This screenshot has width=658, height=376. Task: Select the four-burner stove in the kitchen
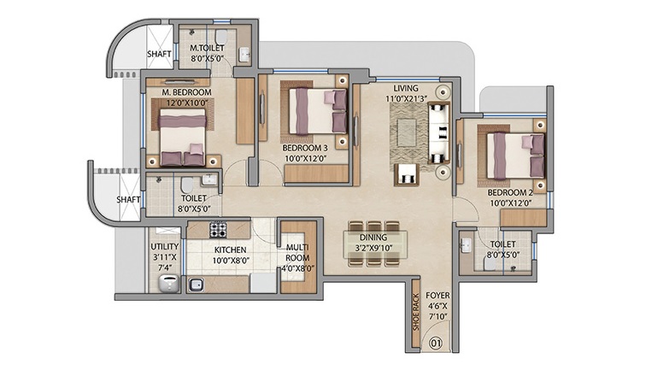coord(219,229)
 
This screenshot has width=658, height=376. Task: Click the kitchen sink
coord(197,285)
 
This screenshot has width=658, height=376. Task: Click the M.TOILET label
coord(207,54)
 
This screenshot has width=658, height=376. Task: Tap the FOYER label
coord(437,307)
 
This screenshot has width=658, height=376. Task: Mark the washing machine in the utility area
coord(168,283)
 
